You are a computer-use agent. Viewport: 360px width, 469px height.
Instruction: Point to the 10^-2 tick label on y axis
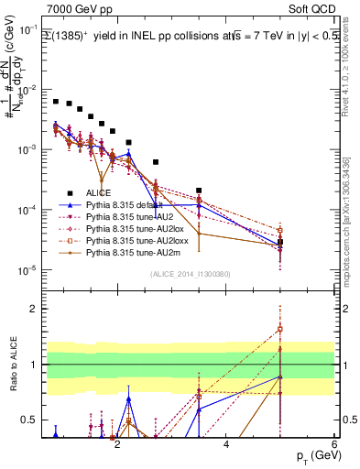(x=29, y=90)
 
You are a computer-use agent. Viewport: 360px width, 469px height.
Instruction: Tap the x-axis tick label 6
(x=334, y=443)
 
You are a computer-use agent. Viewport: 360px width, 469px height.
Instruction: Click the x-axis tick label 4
(x=226, y=443)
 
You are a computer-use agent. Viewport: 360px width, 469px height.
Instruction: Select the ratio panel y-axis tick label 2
(x=34, y=309)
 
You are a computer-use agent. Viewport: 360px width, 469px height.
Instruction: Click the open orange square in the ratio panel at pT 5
(x=280, y=329)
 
